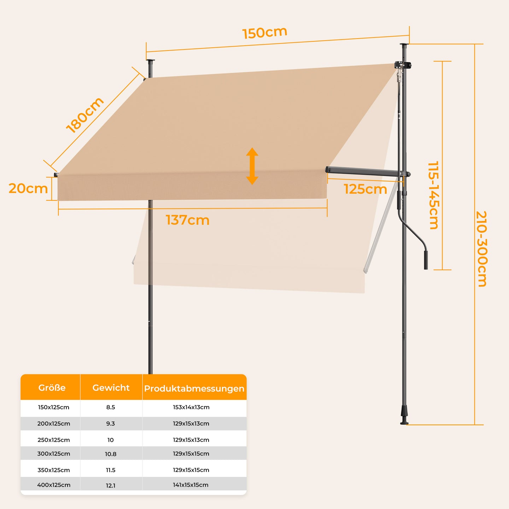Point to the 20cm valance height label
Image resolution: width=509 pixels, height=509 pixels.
pyautogui.click(x=28, y=189)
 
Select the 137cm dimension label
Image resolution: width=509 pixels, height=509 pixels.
pyautogui.click(x=188, y=220)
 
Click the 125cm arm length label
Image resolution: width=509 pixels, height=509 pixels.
pyautogui.click(x=365, y=189)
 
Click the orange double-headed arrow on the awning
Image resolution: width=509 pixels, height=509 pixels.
pyautogui.click(x=252, y=166)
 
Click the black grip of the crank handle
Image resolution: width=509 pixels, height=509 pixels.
pyautogui.click(x=426, y=260)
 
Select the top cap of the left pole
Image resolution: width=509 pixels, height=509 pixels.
pyautogui.click(x=150, y=61)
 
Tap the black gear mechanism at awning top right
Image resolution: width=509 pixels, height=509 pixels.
pyautogui.click(x=403, y=65)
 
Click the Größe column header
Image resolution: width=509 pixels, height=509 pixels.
pyautogui.click(x=52, y=387)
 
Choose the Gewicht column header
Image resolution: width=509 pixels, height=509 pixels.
pyautogui.click(x=111, y=387)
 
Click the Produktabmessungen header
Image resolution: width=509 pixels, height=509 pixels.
pyautogui.click(x=194, y=388)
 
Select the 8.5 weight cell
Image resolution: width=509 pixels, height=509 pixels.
pyautogui.click(x=111, y=407)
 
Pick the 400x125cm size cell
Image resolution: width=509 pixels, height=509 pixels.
pyautogui.click(x=54, y=485)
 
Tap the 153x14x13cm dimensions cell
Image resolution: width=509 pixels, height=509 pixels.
pyautogui.click(x=191, y=407)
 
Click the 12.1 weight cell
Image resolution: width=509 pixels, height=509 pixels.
pyautogui.click(x=111, y=485)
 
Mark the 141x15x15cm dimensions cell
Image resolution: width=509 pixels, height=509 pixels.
pyautogui.click(x=191, y=485)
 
